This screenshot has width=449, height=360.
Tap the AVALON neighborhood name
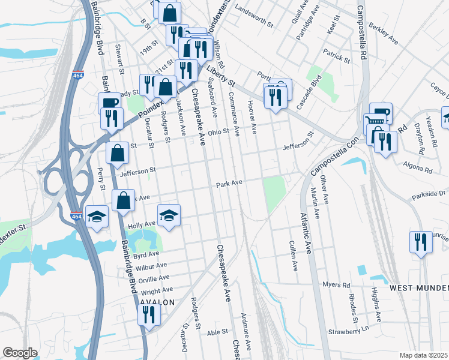point(157,302)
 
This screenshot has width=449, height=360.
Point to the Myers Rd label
point(336,284)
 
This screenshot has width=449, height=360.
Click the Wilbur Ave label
point(151,265)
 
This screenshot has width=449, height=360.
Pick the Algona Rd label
point(419,170)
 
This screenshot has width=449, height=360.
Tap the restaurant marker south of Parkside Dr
point(420,242)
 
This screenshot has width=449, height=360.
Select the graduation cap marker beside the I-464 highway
point(97,216)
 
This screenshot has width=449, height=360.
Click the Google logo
point(20,353)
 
